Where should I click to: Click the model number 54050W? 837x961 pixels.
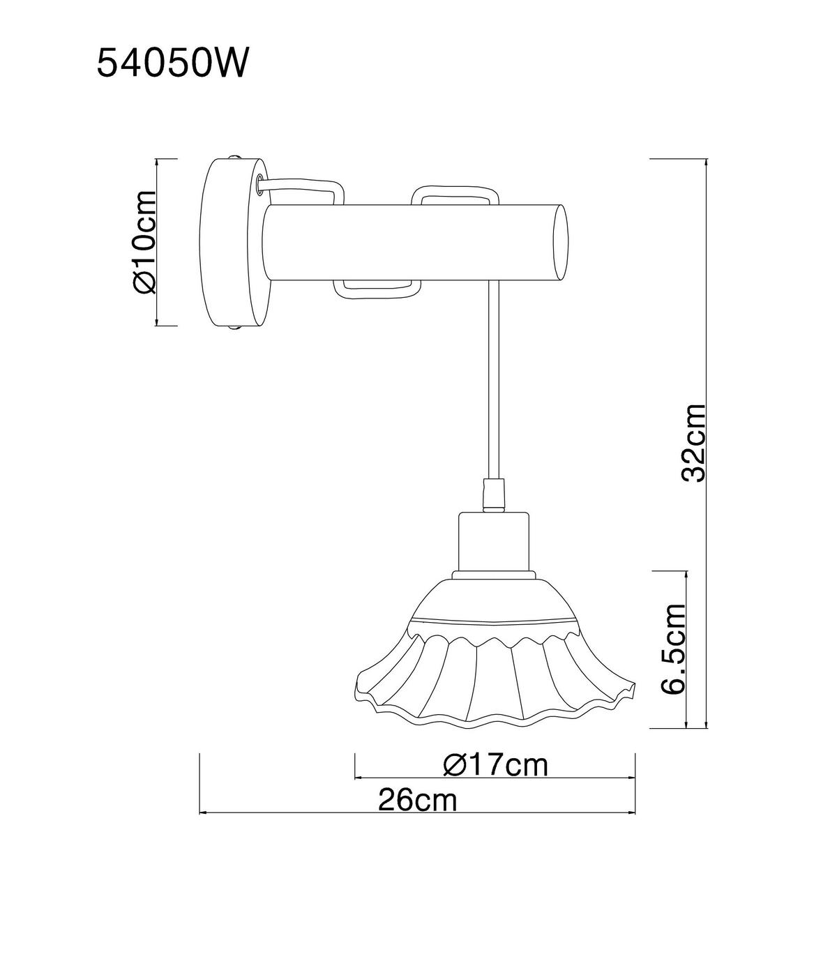(x=171, y=63)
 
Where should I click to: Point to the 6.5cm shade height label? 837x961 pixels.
(x=673, y=649)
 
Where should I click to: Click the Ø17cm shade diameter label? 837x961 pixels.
(x=495, y=766)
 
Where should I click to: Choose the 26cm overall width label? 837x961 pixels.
(x=418, y=801)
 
